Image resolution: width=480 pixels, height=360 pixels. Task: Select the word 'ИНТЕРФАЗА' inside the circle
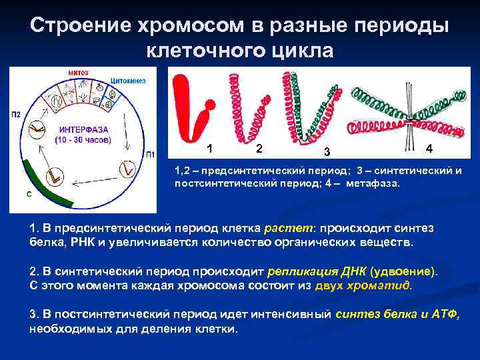pos(85,129)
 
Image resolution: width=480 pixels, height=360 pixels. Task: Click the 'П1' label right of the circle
pos(151,153)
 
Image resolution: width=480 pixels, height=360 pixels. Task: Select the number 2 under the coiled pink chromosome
pos(259,148)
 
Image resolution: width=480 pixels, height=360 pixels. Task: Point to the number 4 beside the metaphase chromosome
pos(429,147)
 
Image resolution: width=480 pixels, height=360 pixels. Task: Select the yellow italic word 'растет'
pos(285,229)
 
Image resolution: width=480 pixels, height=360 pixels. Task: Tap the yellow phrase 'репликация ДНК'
pos(308,273)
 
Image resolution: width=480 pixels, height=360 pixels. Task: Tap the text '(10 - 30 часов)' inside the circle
pos(85,140)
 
